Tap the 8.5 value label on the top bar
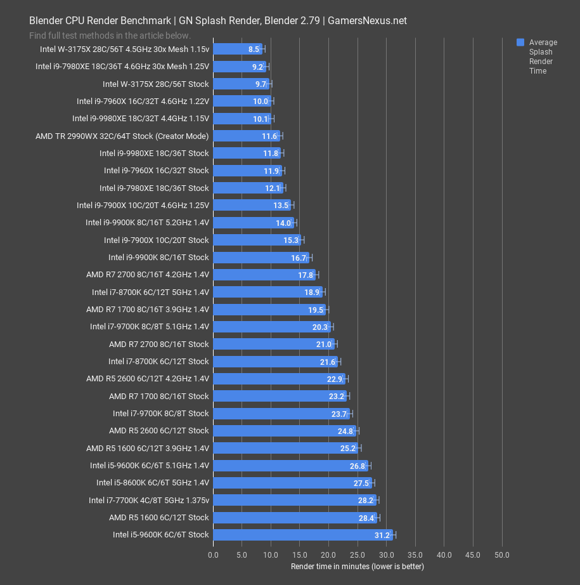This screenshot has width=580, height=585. point(254,49)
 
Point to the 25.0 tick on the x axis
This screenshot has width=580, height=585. point(358,555)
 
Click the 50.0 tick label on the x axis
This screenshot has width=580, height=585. point(502,555)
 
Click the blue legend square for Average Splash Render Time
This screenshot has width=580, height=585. point(520,43)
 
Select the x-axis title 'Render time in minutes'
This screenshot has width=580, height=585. point(357,566)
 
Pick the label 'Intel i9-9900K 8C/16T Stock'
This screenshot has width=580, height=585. point(158,258)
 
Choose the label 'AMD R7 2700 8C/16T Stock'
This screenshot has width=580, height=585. point(158,344)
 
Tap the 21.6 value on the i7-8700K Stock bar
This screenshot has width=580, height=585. point(328,362)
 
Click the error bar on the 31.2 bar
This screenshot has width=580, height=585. point(394,535)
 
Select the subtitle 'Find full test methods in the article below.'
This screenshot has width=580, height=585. point(110,36)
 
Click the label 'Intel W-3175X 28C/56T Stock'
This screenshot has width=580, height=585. point(155,84)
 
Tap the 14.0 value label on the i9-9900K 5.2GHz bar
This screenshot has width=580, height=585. point(283,223)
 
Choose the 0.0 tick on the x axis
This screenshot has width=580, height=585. point(213,555)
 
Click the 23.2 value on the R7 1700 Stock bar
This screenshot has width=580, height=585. point(337,396)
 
